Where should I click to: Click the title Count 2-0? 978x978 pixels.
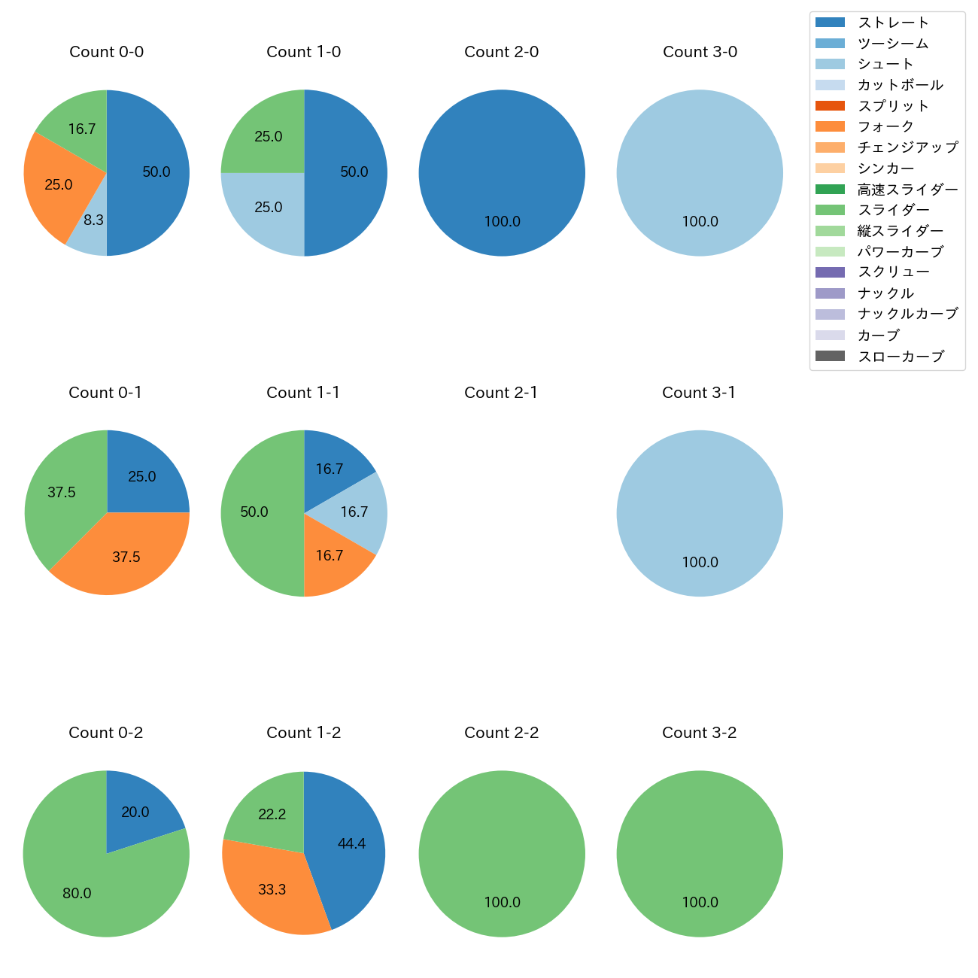tap(502, 52)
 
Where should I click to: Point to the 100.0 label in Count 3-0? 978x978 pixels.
tap(700, 222)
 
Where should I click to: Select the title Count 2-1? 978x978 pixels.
tap(501, 393)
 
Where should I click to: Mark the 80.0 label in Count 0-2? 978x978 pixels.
tap(77, 894)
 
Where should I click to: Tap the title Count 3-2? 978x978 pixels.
tap(700, 733)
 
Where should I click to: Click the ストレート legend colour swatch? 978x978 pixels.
tap(830, 23)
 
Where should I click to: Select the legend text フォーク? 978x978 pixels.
tap(885, 126)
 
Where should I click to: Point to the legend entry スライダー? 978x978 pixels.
tap(893, 210)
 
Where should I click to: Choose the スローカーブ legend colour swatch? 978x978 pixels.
tap(830, 356)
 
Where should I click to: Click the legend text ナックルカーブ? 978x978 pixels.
tap(907, 314)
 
